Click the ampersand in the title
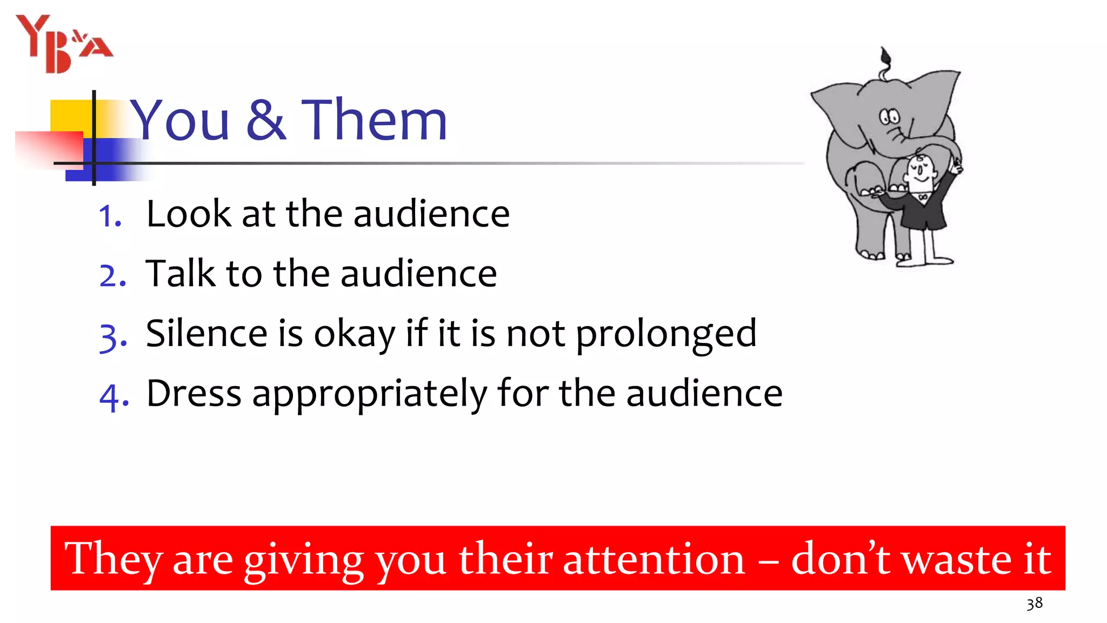(x=265, y=120)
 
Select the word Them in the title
(x=374, y=120)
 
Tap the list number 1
(x=110, y=217)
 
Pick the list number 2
(x=112, y=276)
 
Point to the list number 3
(x=113, y=336)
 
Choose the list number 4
(x=114, y=396)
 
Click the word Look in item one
(x=189, y=214)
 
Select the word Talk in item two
(x=180, y=273)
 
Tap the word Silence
(x=206, y=333)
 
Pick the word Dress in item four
(x=194, y=393)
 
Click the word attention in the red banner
(x=653, y=559)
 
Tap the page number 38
(x=1034, y=604)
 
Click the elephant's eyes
(x=889, y=116)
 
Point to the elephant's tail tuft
(x=885, y=56)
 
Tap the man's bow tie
(x=923, y=197)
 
